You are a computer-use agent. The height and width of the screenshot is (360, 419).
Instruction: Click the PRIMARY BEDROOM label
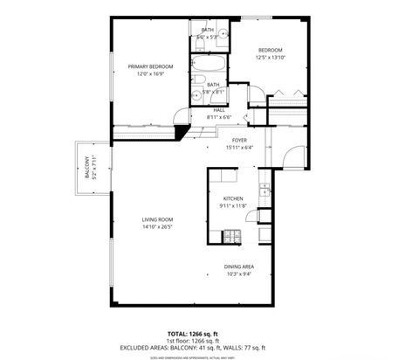(150, 66)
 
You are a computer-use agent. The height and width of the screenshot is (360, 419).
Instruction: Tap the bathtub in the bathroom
(210, 67)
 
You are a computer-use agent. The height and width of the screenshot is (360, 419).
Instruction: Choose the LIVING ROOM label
(158, 219)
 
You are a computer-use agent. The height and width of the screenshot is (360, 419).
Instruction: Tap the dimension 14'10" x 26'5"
(158, 226)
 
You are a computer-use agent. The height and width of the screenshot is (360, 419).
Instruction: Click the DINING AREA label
(238, 267)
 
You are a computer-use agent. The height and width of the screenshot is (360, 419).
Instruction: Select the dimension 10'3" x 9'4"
(238, 273)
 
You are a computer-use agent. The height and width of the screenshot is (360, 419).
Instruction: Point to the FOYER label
(239, 140)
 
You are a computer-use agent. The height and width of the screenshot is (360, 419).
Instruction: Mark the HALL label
(219, 110)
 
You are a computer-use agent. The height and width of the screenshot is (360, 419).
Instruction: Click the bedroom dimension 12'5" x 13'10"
(271, 58)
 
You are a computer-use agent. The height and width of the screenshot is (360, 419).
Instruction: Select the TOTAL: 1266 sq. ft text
(209, 333)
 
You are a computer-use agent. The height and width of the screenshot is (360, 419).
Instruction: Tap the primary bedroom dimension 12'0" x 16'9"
(150, 73)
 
